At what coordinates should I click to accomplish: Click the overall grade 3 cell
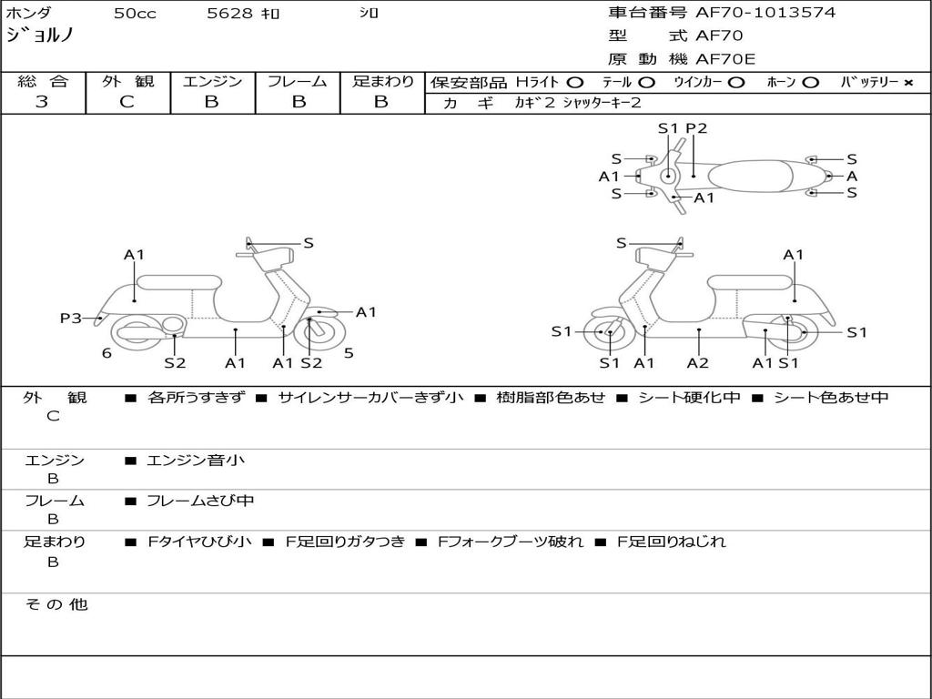click(x=42, y=102)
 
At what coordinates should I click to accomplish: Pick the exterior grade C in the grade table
click(x=127, y=102)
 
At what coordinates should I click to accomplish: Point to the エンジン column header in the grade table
click(x=212, y=82)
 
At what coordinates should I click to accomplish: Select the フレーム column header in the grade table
click(x=297, y=82)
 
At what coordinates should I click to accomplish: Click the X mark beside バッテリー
click(x=907, y=83)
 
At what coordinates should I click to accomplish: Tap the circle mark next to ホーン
click(x=811, y=83)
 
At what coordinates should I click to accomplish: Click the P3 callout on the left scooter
click(x=70, y=318)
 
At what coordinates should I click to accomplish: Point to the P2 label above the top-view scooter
click(x=696, y=128)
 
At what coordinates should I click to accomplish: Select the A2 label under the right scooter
click(x=698, y=363)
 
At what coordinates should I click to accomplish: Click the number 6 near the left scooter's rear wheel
click(x=106, y=353)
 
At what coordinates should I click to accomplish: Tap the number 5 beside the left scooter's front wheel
click(x=349, y=353)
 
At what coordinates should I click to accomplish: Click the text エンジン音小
click(x=196, y=461)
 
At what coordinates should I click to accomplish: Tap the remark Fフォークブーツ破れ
click(x=511, y=542)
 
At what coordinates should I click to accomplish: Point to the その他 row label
click(x=56, y=604)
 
